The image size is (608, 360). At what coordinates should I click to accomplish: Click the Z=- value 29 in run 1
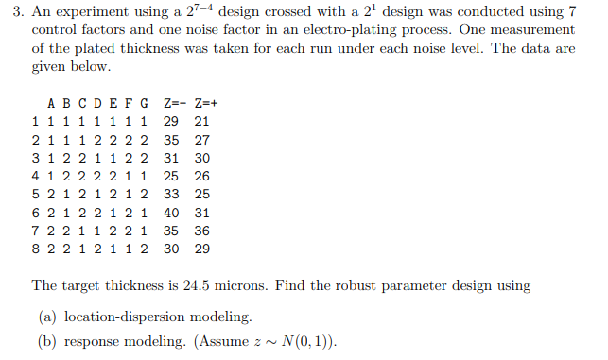point(171,122)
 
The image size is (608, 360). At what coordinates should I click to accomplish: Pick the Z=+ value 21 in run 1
point(201,122)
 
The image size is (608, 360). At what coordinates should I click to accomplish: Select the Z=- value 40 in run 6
point(171,214)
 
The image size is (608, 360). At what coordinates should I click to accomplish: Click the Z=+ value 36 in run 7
point(201,231)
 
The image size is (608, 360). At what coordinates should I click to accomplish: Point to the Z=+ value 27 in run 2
point(201,140)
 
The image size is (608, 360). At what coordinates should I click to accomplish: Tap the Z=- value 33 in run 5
point(171,195)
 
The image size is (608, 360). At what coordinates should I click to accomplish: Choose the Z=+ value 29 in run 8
point(201,249)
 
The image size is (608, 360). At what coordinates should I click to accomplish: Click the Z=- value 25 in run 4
point(171,177)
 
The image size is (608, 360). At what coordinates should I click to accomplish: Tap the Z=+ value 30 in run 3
point(201,158)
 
